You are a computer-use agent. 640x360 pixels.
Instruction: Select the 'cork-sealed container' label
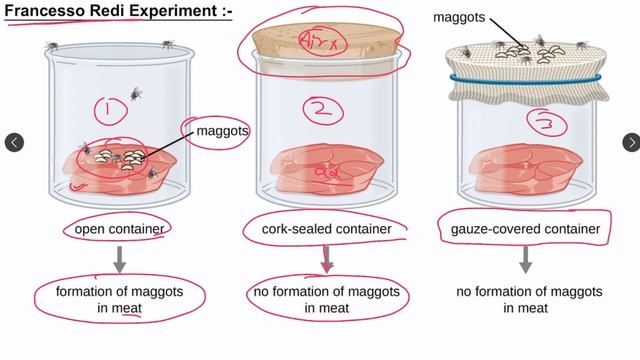326,230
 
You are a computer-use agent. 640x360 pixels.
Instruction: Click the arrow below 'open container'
119,260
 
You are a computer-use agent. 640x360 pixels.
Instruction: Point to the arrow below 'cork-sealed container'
326,260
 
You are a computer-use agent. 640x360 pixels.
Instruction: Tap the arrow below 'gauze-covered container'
526,260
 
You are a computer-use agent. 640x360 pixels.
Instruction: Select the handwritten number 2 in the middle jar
322,110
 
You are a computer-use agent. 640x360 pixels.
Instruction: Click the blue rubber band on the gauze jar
526,79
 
